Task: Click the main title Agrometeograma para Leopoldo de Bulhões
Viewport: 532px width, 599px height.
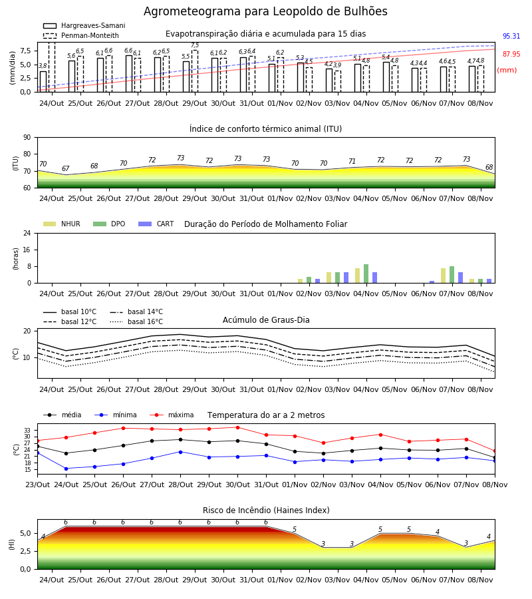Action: [265, 11]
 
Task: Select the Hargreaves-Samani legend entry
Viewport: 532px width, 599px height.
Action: [84, 25]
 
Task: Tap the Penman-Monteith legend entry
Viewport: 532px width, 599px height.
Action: [81, 35]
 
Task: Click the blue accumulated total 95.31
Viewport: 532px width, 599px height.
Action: [511, 37]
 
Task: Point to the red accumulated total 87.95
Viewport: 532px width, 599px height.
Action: [511, 55]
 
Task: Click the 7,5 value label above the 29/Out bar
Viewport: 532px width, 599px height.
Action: [195, 45]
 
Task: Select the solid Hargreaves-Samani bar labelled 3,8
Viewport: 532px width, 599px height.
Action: [43, 81]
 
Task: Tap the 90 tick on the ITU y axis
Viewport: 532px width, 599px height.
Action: [27, 138]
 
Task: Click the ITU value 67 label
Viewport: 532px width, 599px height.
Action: [66, 168]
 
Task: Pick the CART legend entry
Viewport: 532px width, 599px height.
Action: [156, 224]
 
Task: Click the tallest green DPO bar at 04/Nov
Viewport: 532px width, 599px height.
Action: [366, 274]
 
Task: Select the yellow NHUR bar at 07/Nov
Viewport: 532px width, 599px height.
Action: [443, 276]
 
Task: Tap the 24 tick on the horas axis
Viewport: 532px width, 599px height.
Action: [27, 234]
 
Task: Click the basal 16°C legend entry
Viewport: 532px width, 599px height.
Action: [136, 321]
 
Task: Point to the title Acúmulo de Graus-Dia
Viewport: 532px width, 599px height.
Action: [266, 320]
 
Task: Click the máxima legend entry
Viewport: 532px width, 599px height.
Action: [172, 415]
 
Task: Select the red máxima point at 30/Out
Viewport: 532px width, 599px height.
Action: [238, 427]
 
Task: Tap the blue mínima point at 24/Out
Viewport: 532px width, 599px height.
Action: [66, 469]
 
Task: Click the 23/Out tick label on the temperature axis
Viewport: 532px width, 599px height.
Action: [37, 485]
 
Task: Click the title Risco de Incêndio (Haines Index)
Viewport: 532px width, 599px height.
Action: [266, 510]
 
